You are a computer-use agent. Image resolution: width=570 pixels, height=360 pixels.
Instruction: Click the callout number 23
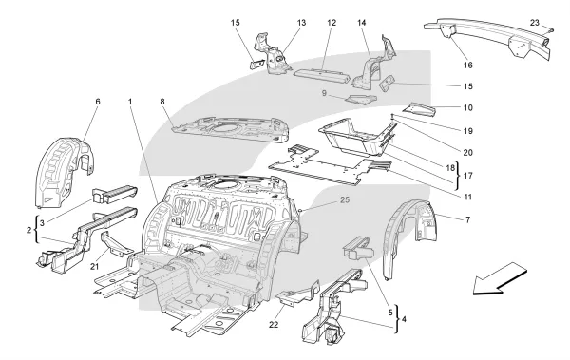534,23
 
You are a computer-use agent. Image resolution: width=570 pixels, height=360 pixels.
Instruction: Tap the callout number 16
467,66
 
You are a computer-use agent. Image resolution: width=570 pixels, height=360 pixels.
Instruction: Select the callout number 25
345,199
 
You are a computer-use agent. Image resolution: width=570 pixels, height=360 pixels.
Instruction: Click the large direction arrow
500,278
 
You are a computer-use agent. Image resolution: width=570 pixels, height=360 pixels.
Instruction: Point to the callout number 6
98,102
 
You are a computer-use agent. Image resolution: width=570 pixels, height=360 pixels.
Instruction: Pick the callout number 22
274,324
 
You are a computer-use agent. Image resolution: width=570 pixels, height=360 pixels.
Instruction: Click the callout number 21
94,267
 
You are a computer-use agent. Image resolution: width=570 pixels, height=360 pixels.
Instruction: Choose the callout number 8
162,102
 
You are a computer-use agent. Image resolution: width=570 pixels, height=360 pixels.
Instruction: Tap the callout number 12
332,23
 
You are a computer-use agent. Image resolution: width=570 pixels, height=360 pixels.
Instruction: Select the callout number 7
467,220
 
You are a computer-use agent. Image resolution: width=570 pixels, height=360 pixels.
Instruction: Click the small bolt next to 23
551,30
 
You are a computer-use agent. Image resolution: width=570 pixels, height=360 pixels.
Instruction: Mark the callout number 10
468,107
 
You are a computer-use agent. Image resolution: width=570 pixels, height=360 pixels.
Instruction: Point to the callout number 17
468,176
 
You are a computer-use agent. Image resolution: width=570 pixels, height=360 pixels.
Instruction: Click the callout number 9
324,93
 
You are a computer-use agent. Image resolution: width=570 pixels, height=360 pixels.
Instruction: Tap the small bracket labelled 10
419,109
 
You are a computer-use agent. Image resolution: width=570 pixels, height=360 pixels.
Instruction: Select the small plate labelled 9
361,99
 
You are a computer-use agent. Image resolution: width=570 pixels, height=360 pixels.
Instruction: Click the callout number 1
130,102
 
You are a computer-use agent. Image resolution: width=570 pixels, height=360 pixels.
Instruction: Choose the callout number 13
301,23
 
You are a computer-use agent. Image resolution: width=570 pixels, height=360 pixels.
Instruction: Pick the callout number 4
405,320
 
